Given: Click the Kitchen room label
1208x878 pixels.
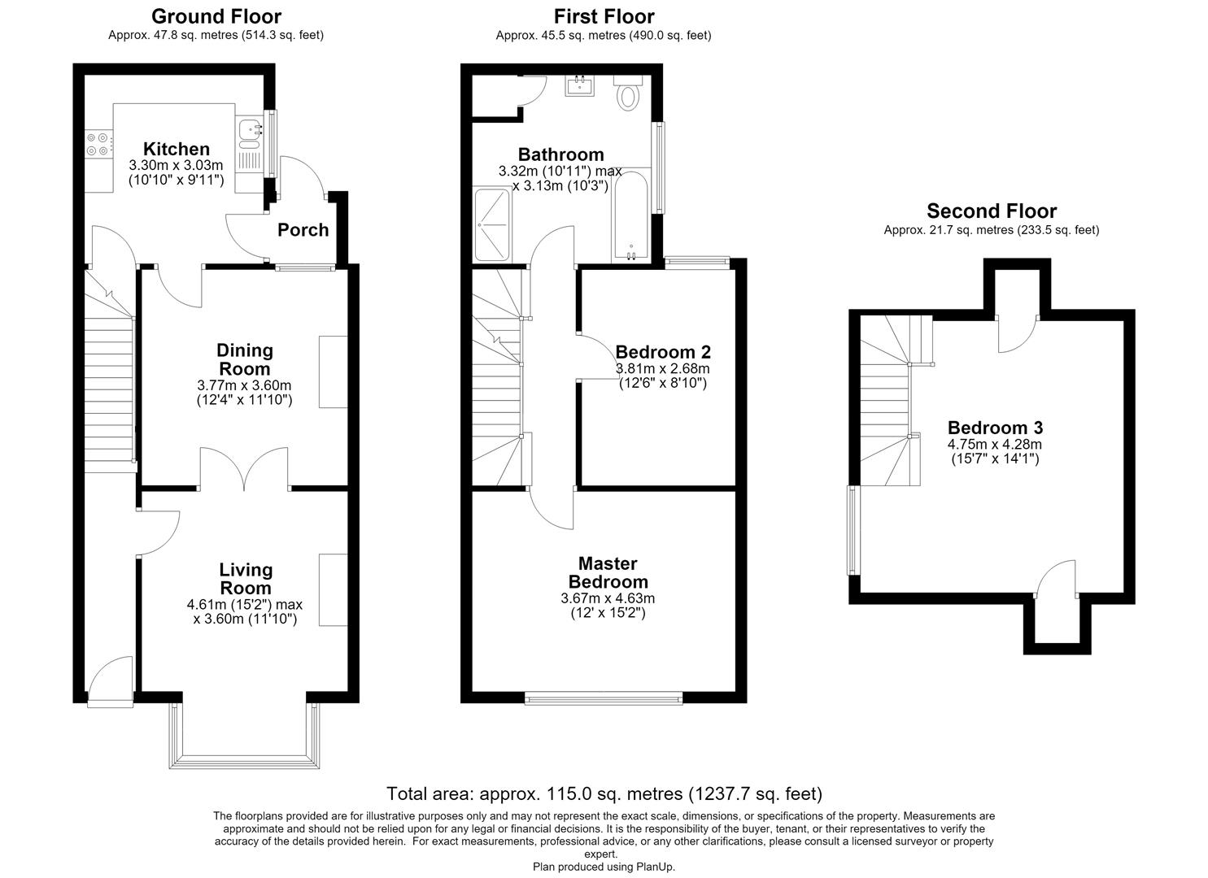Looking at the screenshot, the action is point(177,149).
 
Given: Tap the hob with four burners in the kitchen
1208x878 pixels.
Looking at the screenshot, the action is point(99,145).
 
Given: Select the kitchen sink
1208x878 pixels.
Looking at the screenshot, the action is point(250,135).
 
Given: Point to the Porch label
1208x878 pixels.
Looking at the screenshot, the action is point(303,230).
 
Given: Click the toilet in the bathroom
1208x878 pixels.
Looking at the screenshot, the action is point(628,93).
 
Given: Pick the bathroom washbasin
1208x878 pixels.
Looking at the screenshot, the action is point(580,85).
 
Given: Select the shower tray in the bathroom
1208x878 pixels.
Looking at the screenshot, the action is point(492,224).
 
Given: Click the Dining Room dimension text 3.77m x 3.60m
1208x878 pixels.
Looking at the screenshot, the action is point(244,385).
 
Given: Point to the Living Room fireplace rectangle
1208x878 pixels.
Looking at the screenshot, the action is point(334,589).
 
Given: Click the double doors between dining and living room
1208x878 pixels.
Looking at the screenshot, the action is point(244,469).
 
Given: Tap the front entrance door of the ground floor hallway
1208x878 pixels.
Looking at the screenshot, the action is point(111,680).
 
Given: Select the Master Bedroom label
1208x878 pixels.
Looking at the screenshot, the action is point(608,572).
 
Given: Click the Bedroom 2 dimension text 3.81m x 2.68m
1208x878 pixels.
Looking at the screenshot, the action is point(662,368).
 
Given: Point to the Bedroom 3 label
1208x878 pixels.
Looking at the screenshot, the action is point(995,428).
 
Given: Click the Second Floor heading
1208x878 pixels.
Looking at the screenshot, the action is point(991,211).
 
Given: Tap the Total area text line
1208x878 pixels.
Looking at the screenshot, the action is point(604,793).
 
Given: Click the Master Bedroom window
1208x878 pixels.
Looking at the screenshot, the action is point(604,699).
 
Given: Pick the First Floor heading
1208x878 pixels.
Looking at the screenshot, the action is point(604,17).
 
